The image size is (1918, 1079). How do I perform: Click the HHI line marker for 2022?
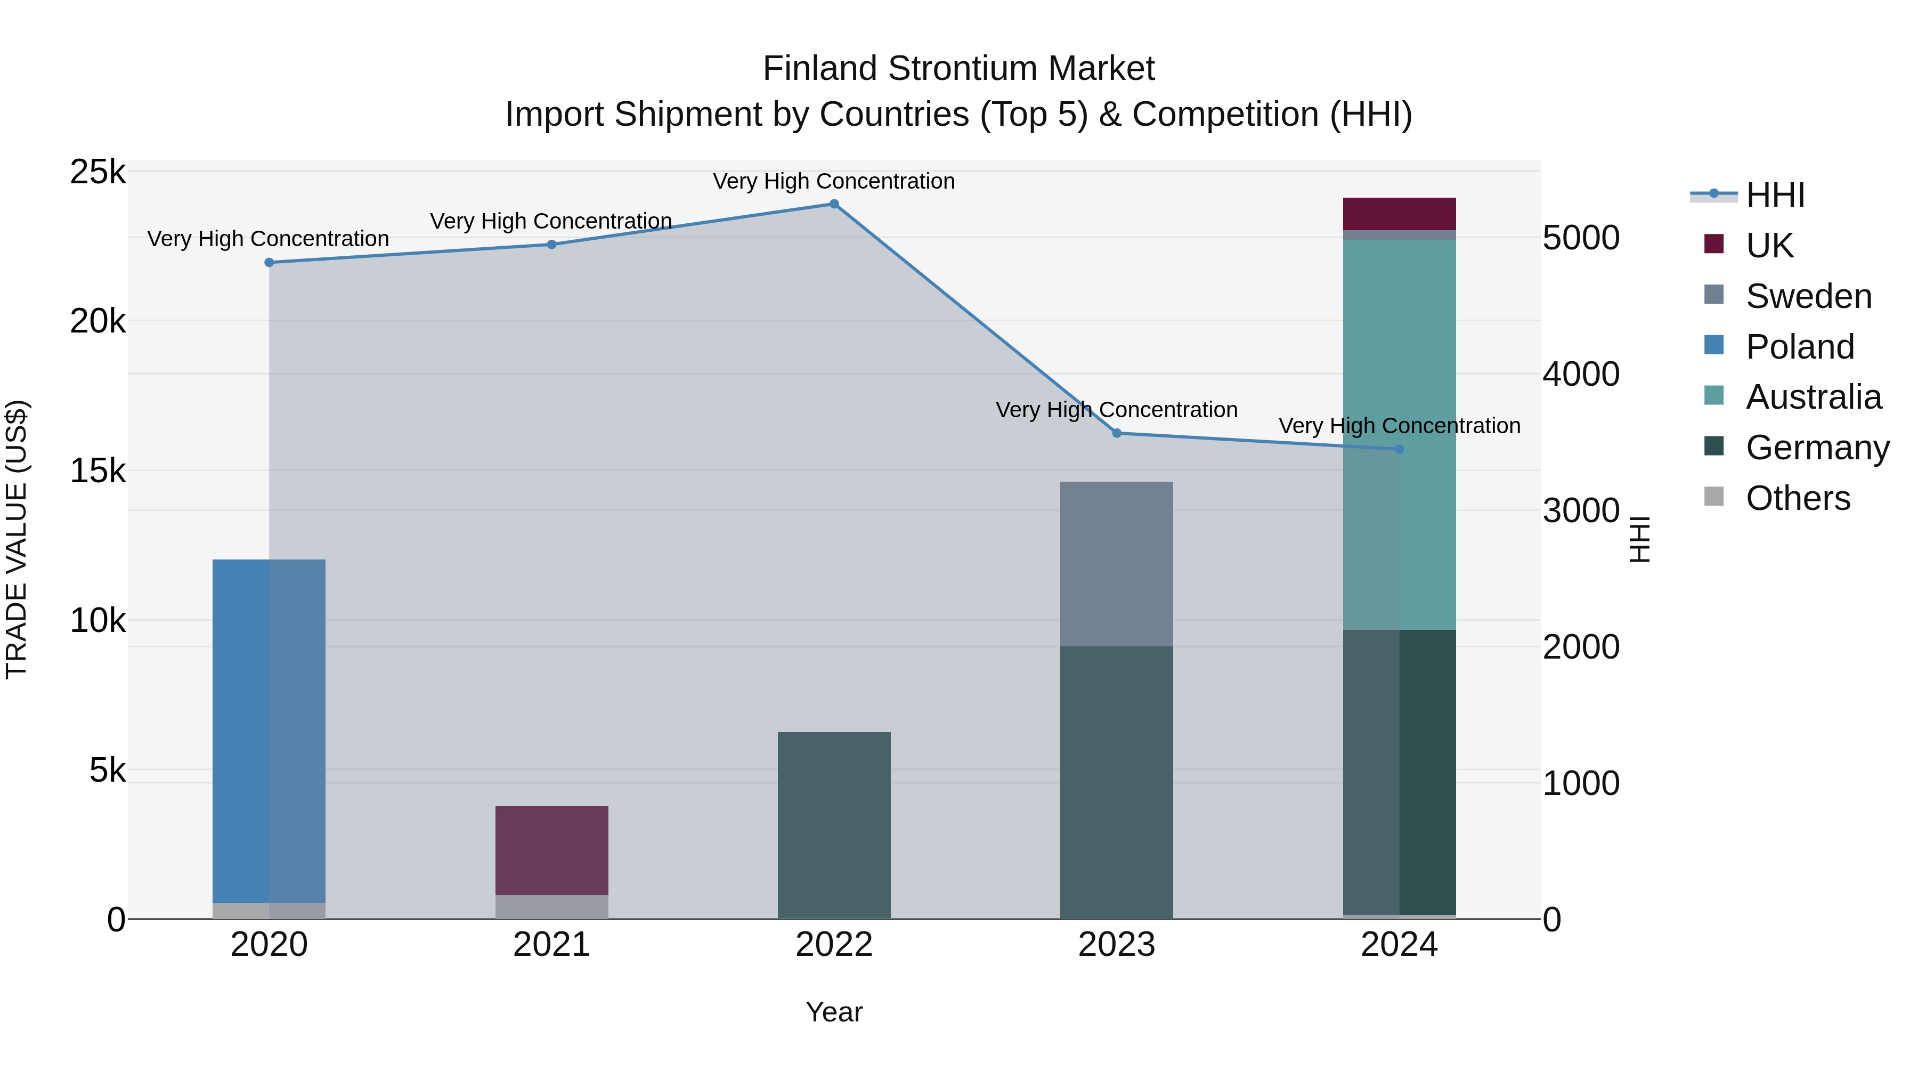(834, 204)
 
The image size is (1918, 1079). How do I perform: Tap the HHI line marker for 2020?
(270, 263)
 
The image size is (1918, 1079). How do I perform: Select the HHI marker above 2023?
(1117, 433)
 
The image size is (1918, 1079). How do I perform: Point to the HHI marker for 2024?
(1399, 450)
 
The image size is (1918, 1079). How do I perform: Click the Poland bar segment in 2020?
(269, 730)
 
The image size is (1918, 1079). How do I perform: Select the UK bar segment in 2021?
(552, 850)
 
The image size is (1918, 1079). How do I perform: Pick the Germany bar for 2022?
(834, 825)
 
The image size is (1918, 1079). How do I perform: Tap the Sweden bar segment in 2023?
(1117, 564)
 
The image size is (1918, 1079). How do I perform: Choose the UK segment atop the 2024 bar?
(1399, 214)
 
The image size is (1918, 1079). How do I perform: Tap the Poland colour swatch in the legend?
(1714, 345)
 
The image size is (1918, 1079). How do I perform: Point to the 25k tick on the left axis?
(97, 172)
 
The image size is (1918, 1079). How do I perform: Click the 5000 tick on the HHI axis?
(1581, 238)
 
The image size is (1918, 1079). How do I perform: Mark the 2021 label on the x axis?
(552, 945)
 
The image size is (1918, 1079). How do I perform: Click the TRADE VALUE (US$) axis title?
(17, 539)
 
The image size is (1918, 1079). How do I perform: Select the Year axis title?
(834, 1012)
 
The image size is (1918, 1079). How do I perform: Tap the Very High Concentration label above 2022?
(834, 181)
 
